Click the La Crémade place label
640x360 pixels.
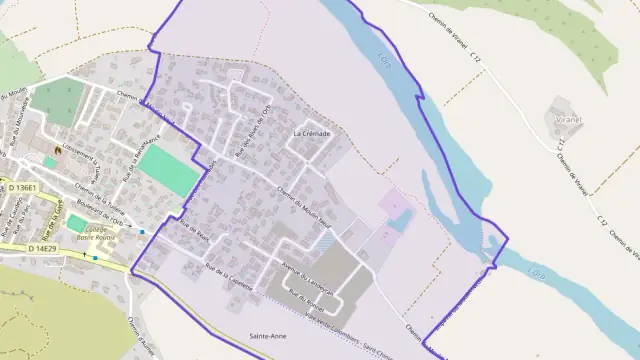[311, 133]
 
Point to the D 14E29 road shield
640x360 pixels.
[43, 247]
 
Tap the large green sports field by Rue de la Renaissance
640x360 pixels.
[169, 171]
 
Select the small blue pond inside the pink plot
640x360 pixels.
[398, 222]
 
